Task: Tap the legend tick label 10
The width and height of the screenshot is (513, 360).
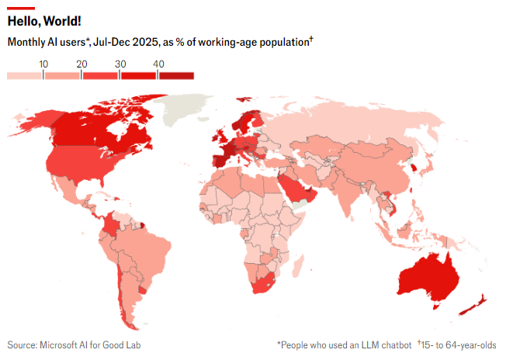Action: pos(43,64)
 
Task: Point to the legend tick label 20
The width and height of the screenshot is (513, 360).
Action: pos(81,64)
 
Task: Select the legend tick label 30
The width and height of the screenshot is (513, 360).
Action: pos(120,64)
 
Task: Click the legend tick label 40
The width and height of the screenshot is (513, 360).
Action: pos(158,64)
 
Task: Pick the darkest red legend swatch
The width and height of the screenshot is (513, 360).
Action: pos(176,75)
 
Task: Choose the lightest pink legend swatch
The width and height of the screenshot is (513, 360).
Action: pos(25,75)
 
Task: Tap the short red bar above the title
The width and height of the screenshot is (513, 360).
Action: pos(21,7)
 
